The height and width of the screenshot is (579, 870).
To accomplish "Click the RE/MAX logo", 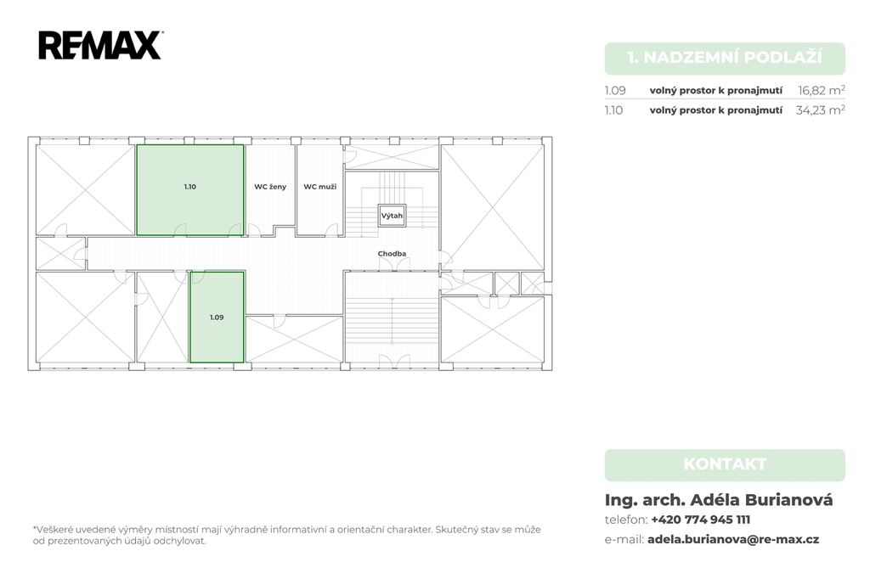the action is point(100,46).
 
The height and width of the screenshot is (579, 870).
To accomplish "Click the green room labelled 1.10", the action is point(189,189).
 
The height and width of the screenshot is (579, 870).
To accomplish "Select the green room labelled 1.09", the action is point(217,317).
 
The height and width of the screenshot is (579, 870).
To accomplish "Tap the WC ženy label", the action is point(270,187).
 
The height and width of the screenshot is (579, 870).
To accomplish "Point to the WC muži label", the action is point(320,187).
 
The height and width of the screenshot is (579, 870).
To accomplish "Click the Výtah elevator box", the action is point(392,216).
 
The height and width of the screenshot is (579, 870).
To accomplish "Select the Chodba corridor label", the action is point(392,254).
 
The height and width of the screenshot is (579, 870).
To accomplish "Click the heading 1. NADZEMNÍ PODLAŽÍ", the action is point(725,58).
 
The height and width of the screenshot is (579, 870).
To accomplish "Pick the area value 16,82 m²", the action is point(822,90).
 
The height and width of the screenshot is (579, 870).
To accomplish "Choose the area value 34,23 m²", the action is point(820,110).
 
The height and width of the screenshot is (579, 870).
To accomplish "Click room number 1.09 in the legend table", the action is point(615,90).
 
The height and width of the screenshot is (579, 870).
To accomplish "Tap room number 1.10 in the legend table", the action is point(614,110).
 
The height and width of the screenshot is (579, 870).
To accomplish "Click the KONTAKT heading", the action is point(725,464).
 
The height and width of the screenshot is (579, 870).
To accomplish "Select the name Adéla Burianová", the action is point(761,500).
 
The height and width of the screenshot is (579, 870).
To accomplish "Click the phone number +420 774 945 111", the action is point(701,520).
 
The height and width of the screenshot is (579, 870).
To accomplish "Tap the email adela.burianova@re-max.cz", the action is point(733,539).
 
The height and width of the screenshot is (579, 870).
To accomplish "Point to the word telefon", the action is point(625,520).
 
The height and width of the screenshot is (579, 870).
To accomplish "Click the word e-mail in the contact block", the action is point(624,540).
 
